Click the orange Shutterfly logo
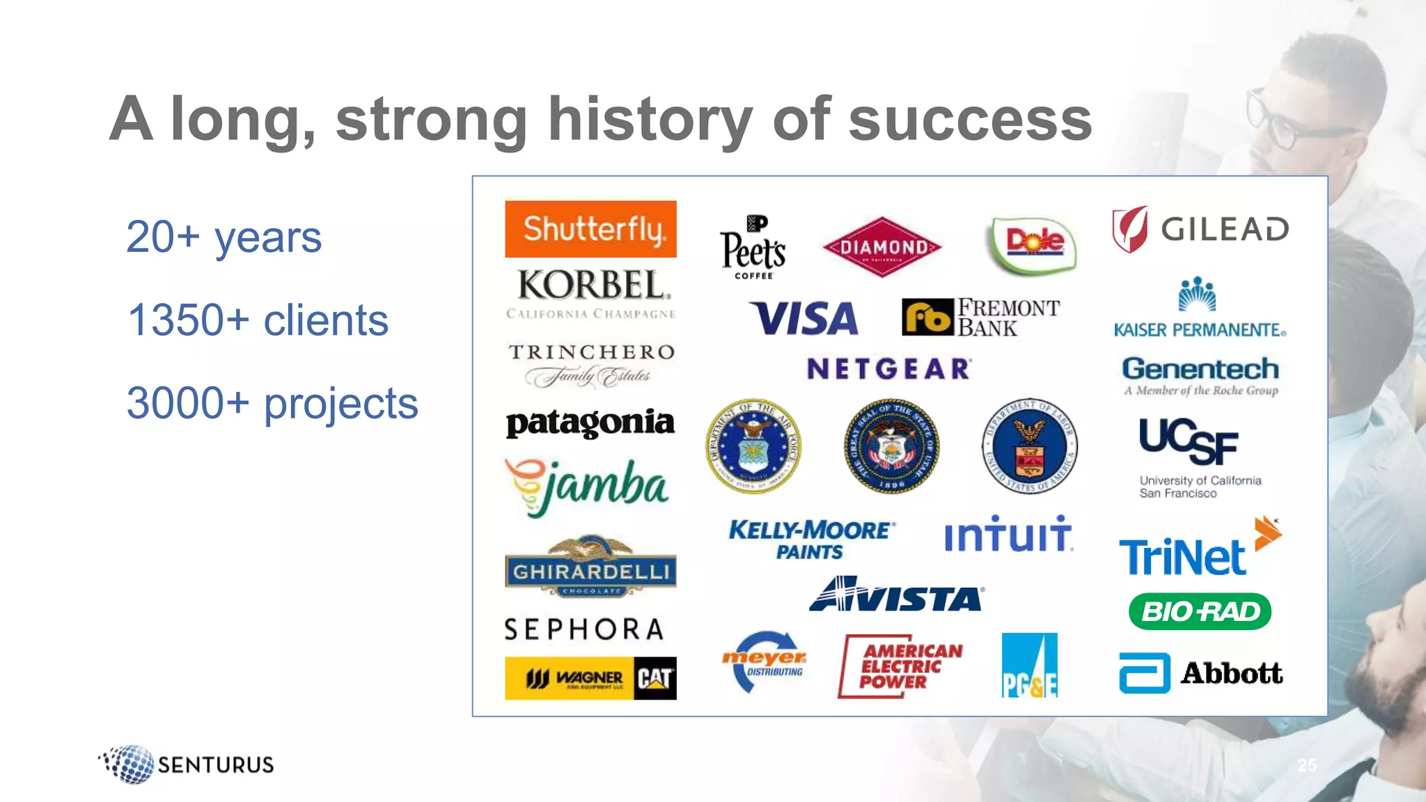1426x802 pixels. (590, 229)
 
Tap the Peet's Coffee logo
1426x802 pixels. (753, 247)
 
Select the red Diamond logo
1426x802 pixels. (882, 247)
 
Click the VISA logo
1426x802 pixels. (804, 318)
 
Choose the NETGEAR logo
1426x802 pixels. (888, 368)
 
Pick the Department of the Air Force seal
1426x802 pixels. (753, 446)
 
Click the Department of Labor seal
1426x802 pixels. (1030, 446)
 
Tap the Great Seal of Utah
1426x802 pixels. (891, 446)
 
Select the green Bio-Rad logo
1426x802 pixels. (1200, 611)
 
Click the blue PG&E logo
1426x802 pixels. (1029, 665)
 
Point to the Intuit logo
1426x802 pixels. (1008, 535)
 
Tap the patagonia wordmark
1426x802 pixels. (590, 423)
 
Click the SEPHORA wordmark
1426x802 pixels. (584, 629)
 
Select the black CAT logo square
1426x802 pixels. (655, 678)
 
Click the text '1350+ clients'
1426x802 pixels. (258, 320)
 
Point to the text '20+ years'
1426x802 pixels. (224, 237)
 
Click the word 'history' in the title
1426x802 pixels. (650, 120)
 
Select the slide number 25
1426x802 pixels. (1307, 765)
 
